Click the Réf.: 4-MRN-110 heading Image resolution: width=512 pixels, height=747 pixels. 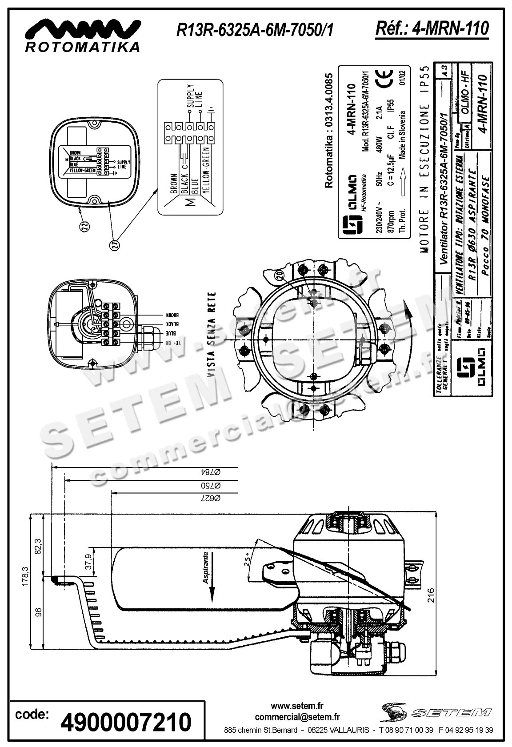(432, 28)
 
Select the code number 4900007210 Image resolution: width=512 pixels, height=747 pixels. (125, 722)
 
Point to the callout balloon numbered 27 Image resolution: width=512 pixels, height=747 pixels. (113, 246)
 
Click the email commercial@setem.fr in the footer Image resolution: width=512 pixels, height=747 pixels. (297, 717)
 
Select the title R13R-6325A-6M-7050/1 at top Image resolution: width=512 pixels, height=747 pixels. (255, 30)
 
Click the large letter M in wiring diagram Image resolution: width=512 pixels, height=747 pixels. (190, 203)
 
